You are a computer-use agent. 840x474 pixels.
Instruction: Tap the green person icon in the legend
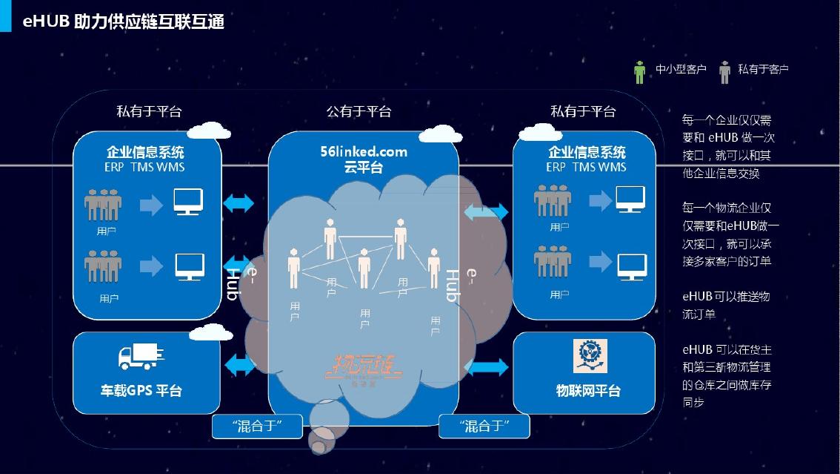coord(640,71)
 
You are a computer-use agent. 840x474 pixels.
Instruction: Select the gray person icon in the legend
coord(724,71)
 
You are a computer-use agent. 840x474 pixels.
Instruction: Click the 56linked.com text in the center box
coord(364,152)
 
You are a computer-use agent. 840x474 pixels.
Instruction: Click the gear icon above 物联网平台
coord(590,356)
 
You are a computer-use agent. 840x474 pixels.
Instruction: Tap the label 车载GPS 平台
coord(141,390)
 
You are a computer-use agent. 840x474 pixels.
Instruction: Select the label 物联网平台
coord(588,390)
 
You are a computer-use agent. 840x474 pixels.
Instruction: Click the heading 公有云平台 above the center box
coord(359,111)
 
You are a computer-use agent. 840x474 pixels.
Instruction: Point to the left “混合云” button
coord(258,426)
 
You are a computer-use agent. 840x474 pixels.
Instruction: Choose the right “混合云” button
coord(484,426)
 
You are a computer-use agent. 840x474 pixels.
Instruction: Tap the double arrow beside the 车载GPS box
coord(239,364)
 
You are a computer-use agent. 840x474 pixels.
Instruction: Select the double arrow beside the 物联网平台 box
coord(487,366)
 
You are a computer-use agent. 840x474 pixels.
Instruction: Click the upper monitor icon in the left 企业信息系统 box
coord(189,202)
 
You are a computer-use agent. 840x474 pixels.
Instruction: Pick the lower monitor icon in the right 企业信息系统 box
coord(631,265)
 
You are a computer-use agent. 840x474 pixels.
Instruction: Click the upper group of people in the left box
coord(103,204)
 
